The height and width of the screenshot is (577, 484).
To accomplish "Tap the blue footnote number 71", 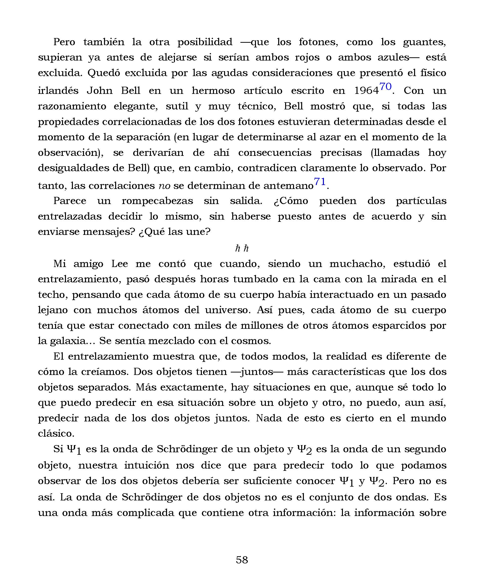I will [x=320, y=182].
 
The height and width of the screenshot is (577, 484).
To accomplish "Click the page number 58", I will [x=242, y=560].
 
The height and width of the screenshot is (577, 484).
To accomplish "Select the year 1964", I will [x=367, y=91].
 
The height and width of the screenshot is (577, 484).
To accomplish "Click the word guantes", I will [x=424, y=42].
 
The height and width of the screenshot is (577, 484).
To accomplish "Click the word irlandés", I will [x=58, y=91].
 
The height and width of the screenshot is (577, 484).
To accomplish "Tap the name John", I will [x=100, y=91].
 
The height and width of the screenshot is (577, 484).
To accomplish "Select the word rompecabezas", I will [x=157, y=201].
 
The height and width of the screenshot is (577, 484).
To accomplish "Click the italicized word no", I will [x=164, y=186].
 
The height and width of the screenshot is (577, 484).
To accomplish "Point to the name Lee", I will [x=120, y=264].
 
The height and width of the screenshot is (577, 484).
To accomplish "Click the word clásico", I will [x=56, y=433].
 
